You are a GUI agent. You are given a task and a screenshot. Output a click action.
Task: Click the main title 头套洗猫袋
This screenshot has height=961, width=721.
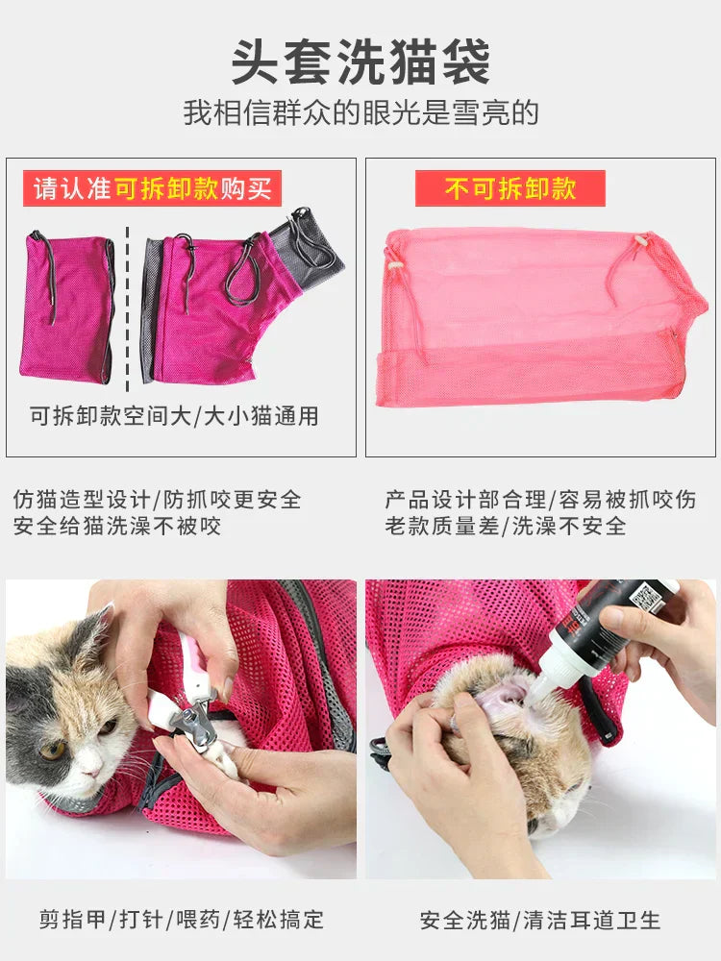coord(360,62)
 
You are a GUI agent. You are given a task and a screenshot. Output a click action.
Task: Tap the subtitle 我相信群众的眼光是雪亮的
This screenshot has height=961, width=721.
coord(360,113)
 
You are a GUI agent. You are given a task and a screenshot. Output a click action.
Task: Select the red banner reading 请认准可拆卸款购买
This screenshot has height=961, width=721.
coord(152,188)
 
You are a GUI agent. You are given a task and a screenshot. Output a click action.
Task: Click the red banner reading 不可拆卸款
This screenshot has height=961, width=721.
coord(510,188)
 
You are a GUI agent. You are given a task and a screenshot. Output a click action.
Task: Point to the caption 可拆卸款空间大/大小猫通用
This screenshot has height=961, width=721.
coord(174,416)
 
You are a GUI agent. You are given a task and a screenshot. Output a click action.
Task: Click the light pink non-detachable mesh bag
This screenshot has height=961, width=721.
coord(538,317)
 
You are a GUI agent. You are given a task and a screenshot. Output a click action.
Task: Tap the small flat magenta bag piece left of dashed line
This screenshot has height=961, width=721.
coord(65,308)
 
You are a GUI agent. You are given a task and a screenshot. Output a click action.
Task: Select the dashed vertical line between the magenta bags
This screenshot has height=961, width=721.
coord(128,308)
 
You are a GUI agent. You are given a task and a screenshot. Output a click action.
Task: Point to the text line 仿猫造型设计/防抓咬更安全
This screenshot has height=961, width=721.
coord(158,501)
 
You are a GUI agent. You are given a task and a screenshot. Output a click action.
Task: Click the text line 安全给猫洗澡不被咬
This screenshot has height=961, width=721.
coord(117,527)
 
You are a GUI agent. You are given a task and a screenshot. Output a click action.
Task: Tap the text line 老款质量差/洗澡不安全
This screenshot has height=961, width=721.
coord(506,527)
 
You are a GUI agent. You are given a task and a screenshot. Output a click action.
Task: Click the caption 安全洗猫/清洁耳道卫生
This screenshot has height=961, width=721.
coord(540,920)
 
